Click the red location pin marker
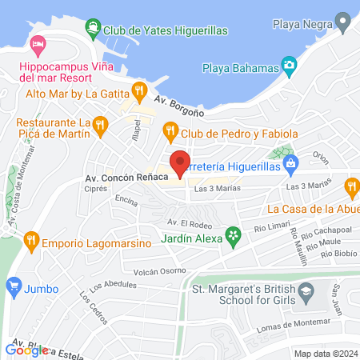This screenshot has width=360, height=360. click(180, 162)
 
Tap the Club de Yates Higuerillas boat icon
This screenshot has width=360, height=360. click(94, 30)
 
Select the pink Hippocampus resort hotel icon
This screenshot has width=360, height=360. click(36, 42)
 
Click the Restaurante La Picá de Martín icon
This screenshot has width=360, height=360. click(100, 124)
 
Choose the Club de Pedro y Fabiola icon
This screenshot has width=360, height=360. click(169, 130)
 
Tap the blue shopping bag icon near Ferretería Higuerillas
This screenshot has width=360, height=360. click(290, 164)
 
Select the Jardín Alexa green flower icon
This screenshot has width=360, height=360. click(233, 235)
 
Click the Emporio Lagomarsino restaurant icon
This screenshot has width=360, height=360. click(30, 238)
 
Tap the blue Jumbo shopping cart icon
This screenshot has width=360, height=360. click(13, 285)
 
